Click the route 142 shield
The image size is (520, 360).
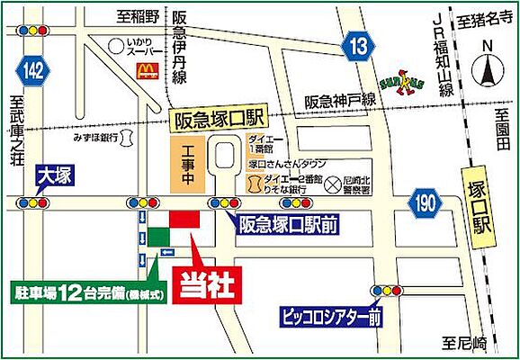[33, 70]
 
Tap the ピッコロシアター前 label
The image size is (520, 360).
[330, 317]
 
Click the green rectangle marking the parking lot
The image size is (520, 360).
[158, 235]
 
